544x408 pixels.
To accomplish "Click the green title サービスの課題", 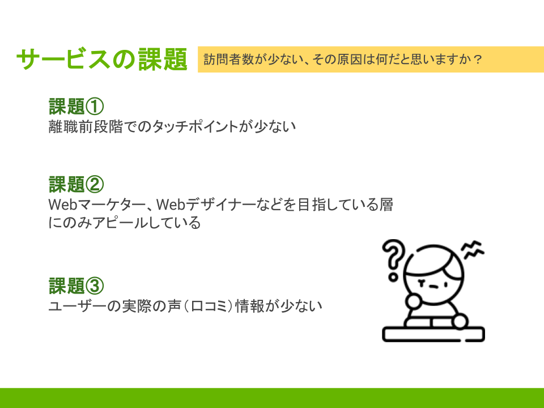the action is click(101, 59).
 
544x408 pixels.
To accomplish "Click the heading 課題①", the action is click(76, 107).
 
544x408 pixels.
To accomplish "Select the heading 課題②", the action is click(76, 184).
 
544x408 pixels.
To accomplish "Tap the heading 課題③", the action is click(76, 286).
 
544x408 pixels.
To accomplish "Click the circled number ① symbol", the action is click(95, 107).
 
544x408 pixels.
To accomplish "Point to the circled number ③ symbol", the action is click(95, 286).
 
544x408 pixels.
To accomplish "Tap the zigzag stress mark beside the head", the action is click(473, 249).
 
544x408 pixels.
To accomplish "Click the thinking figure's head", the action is click(433, 275).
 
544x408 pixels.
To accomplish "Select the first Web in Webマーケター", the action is click(62, 205).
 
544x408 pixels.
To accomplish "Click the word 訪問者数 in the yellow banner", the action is click(228, 59).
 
